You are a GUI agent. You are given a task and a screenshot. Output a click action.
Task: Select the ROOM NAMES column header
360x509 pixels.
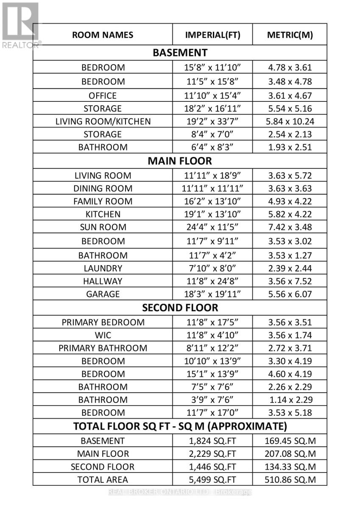(103, 35)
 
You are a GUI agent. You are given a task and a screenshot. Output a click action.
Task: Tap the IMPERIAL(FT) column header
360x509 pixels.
(212, 35)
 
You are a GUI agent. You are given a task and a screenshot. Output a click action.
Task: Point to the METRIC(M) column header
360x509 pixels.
(290, 35)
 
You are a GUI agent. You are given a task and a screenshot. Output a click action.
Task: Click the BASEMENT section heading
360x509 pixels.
(180, 53)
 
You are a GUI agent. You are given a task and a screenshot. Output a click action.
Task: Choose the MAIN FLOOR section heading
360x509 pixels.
(180, 161)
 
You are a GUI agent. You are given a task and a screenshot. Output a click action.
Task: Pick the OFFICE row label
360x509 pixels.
(103, 96)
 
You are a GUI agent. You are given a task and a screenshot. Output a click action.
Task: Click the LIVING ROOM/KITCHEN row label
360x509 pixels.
(103, 122)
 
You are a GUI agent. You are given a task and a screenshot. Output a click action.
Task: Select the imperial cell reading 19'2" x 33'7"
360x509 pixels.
(212, 122)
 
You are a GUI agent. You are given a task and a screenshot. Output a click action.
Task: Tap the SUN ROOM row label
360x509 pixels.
(103, 227)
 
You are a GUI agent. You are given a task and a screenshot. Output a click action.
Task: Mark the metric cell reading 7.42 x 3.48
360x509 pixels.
(290, 227)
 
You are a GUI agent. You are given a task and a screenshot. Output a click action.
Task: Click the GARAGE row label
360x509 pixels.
(103, 294)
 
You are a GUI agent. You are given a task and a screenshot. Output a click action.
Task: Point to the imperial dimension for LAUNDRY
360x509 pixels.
(212, 268)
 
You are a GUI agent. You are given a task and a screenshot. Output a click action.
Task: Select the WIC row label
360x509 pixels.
(103, 335)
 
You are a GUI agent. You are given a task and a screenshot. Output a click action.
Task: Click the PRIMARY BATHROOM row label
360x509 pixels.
(103, 348)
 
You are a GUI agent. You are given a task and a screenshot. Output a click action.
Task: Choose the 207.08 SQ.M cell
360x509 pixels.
(290, 454)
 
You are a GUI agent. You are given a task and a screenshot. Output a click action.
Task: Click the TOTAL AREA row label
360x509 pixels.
(103, 480)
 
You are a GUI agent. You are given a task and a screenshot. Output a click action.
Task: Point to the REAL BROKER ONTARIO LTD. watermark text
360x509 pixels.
(180, 492)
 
